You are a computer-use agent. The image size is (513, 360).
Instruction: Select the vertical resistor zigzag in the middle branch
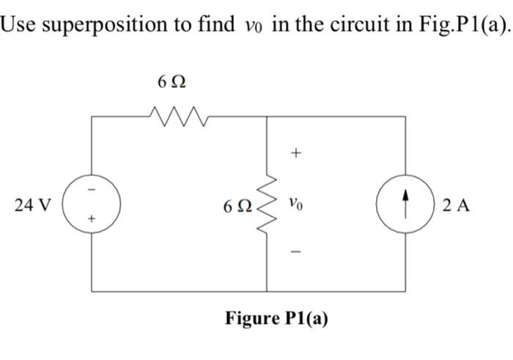266,203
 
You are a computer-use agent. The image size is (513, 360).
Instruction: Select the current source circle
405,205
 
